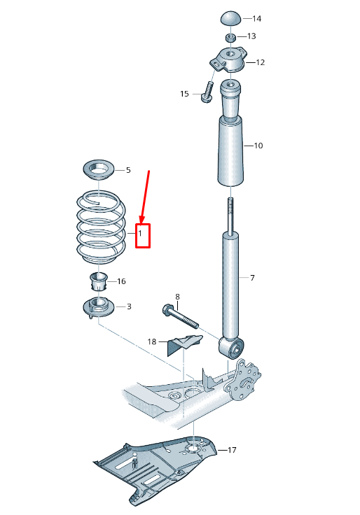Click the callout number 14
257,19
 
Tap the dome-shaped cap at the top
230,18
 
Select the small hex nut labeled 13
230,37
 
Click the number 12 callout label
260,62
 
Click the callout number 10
258,146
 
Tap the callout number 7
252,278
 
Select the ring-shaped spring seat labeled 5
99,170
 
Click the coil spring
101,227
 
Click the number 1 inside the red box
140,234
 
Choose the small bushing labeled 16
99,281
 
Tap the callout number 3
129,306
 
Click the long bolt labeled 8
181,316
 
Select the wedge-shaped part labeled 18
184,344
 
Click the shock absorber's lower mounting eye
231,348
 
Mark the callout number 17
232,450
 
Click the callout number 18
151,342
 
